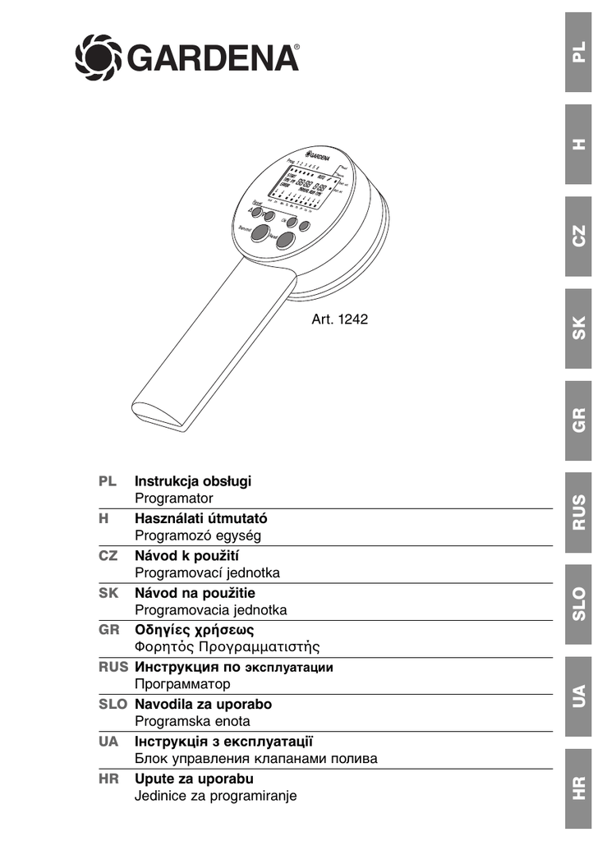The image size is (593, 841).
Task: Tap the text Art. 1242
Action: (339, 320)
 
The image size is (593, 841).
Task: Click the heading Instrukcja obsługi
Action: (193, 481)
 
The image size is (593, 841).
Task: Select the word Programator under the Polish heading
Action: (173, 499)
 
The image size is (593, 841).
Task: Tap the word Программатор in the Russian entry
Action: (182, 683)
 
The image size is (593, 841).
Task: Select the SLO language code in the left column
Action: (113, 705)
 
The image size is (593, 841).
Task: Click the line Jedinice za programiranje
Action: (215, 795)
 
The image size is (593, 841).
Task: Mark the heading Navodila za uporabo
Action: (203, 705)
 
